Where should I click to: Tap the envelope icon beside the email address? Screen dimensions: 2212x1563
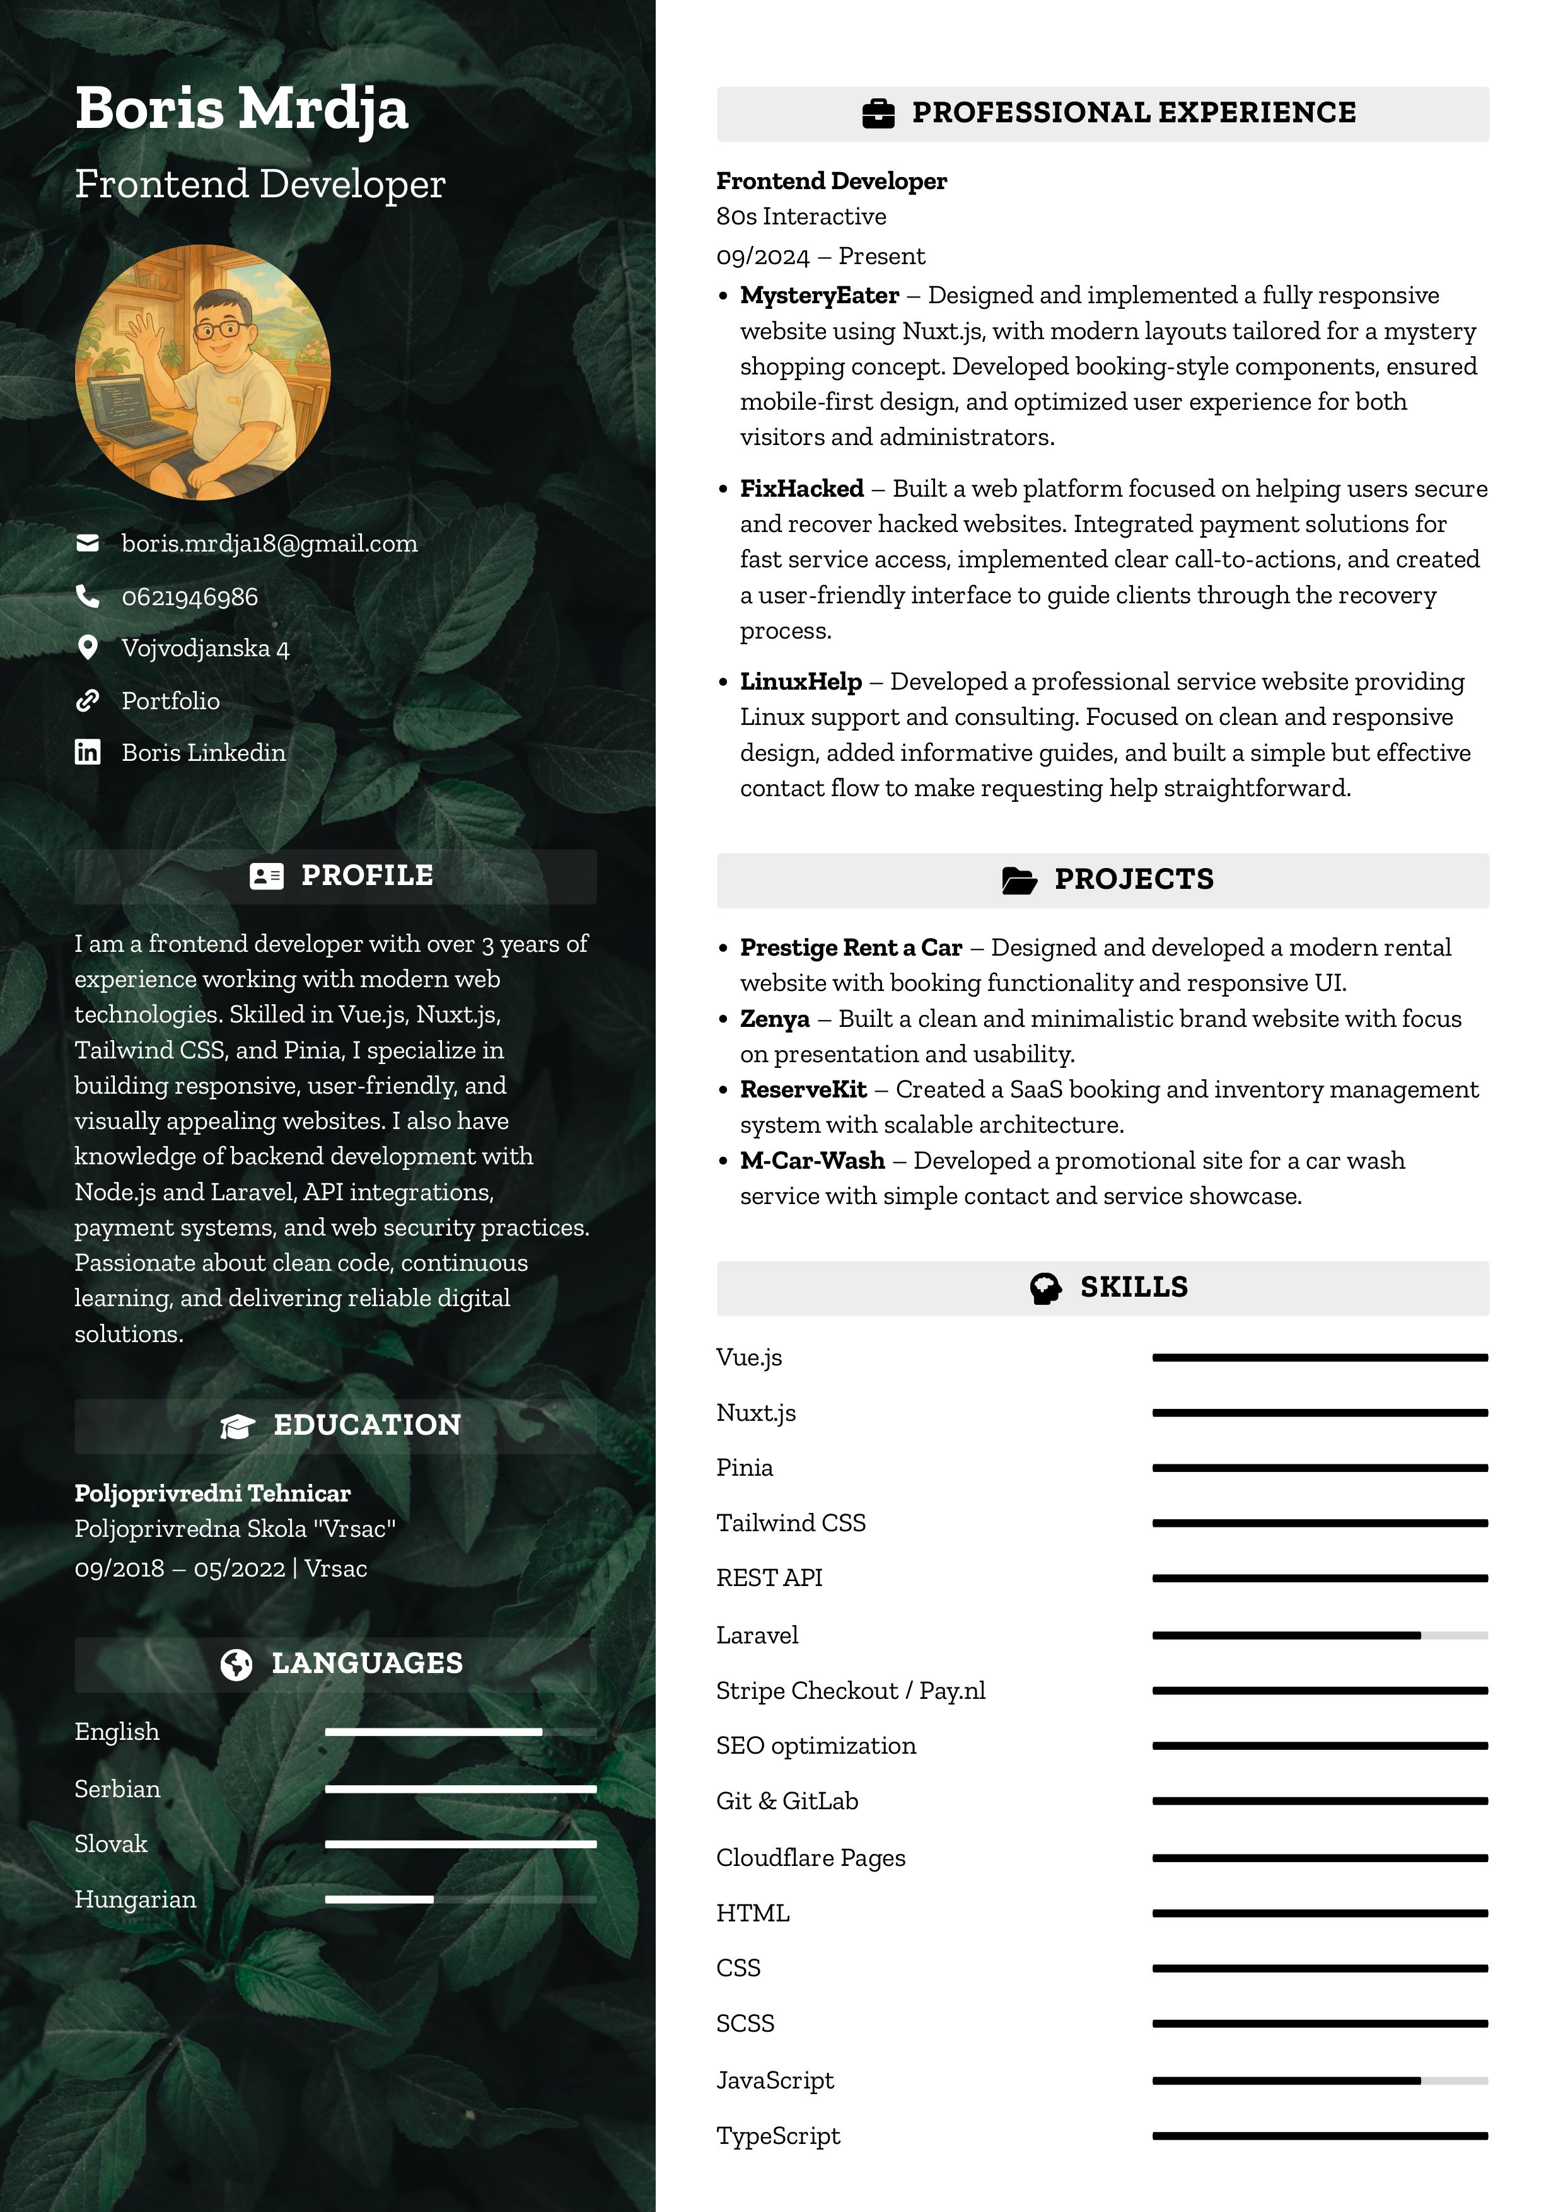[x=88, y=543]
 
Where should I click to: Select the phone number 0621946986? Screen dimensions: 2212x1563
[x=190, y=598]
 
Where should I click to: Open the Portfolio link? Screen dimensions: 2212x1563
[x=171, y=700]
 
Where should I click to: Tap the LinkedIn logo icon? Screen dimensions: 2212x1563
[x=88, y=753]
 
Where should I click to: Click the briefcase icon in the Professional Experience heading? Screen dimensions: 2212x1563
[x=878, y=113]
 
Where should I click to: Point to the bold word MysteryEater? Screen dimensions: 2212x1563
[x=819, y=295]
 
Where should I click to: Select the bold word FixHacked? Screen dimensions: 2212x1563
[x=802, y=489]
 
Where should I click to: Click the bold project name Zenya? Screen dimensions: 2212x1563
[x=775, y=1018]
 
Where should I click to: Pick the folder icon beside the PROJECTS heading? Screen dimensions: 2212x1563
[x=1018, y=879]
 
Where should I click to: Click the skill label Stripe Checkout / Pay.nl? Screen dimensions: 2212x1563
[x=851, y=1691]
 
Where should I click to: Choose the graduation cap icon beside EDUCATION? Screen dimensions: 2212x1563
[x=237, y=1426]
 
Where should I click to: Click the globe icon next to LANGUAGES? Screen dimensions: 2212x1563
[x=236, y=1664]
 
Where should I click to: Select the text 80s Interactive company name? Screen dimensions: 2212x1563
[x=801, y=217]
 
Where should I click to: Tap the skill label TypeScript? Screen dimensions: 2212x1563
[x=777, y=2136]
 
